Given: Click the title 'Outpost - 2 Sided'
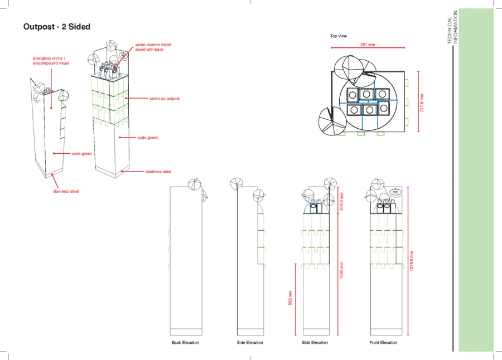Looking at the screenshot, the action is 57,27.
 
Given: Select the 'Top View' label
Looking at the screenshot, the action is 339,36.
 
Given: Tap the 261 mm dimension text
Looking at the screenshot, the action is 368,45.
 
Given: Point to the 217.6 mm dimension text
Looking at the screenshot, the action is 422,103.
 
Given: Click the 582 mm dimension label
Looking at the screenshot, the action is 291,298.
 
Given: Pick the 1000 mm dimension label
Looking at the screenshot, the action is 341,270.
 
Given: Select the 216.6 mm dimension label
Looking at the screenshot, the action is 341,201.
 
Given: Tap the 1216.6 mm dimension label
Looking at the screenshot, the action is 412,261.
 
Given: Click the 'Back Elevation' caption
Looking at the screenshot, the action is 185,342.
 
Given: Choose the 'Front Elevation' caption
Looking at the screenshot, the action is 383,342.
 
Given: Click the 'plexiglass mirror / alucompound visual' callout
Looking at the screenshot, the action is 51,61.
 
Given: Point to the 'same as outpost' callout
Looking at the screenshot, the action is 165,99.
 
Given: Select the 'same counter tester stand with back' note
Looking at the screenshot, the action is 153,47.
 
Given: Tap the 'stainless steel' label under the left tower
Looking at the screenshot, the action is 66,191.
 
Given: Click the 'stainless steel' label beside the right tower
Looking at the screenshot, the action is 158,172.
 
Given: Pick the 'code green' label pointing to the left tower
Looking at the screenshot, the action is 81,154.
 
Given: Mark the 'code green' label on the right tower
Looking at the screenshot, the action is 148,138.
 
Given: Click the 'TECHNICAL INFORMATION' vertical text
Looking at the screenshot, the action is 453,27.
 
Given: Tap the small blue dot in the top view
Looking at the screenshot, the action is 368,102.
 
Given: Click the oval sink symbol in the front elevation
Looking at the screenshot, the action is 395,192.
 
